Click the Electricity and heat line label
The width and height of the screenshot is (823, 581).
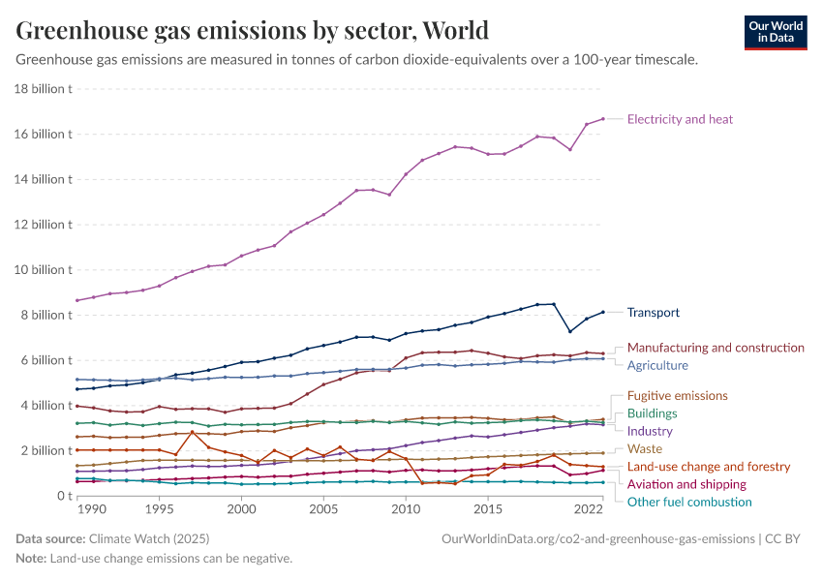[x=680, y=119]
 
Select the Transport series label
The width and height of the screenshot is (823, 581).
[x=653, y=313]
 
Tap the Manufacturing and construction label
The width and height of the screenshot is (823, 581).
[x=716, y=348]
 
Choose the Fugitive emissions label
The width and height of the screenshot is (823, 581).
[x=677, y=396]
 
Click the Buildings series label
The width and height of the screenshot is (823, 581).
[x=652, y=413]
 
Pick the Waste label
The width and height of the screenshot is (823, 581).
[x=644, y=448]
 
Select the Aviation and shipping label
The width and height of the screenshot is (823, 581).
[x=686, y=484]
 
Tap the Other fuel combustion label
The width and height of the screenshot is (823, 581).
[x=689, y=502]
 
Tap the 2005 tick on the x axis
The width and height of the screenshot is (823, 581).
[x=323, y=508]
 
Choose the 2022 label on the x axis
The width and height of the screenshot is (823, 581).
[x=589, y=508]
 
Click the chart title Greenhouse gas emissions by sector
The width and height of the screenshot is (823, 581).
[x=252, y=31]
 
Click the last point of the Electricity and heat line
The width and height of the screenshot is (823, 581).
[x=603, y=119]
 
